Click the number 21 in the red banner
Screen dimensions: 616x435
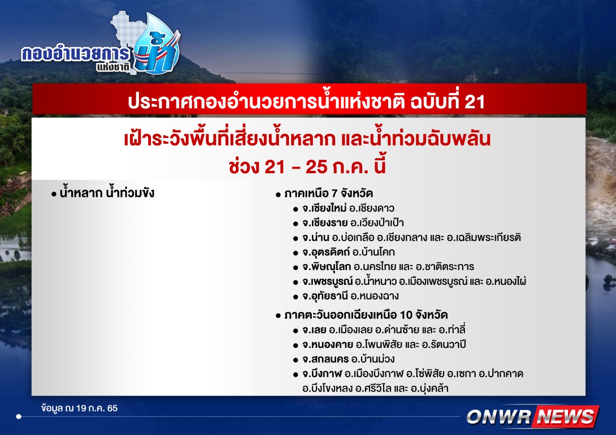point(475,102)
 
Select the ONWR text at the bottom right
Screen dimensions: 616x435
point(499,417)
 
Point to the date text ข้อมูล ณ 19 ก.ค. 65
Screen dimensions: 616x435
point(79,408)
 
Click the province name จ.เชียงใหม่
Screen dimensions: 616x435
point(324,208)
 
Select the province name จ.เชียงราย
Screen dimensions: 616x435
point(325,223)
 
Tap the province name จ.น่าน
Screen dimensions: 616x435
point(316,237)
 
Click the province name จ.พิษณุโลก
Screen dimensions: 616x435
point(327,267)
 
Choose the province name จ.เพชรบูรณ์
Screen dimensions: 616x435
point(327,281)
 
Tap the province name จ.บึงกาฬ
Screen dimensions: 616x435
point(322,374)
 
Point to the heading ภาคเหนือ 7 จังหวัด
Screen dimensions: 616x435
point(329,193)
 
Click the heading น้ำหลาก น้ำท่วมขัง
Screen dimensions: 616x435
point(107,192)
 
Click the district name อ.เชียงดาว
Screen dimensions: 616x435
point(372,208)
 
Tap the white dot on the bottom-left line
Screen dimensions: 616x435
point(19,417)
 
